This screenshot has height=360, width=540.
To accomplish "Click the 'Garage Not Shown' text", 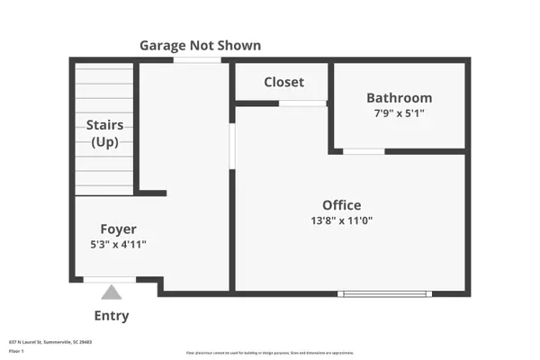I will pyautogui.click(x=201, y=45).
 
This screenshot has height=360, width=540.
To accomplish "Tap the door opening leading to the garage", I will pyautogui.click(x=197, y=60).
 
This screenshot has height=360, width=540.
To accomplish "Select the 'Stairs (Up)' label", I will pyautogui.click(x=105, y=134).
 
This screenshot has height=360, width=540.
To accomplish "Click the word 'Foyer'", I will pyautogui.click(x=118, y=229).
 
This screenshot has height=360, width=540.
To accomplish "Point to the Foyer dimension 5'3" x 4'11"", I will pyautogui.click(x=118, y=244).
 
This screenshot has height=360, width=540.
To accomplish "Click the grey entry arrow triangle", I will pyautogui.click(x=111, y=292).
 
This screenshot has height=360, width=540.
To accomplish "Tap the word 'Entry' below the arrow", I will pyautogui.click(x=112, y=316).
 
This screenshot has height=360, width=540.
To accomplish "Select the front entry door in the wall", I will pyautogui.click(x=110, y=280).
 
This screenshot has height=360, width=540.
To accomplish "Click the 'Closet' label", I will pyautogui.click(x=283, y=82).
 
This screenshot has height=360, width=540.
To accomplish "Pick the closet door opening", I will pyautogui.click(x=301, y=103).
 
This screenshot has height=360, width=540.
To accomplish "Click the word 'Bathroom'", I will pyautogui.click(x=399, y=97).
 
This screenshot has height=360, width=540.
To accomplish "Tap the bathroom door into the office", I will pyautogui.click(x=364, y=151).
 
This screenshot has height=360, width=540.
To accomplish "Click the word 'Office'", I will pyautogui.click(x=342, y=204).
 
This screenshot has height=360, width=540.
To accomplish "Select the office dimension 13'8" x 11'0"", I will pyautogui.click(x=342, y=220).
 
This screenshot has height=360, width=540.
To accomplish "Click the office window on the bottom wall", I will pyautogui.click(x=384, y=292).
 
